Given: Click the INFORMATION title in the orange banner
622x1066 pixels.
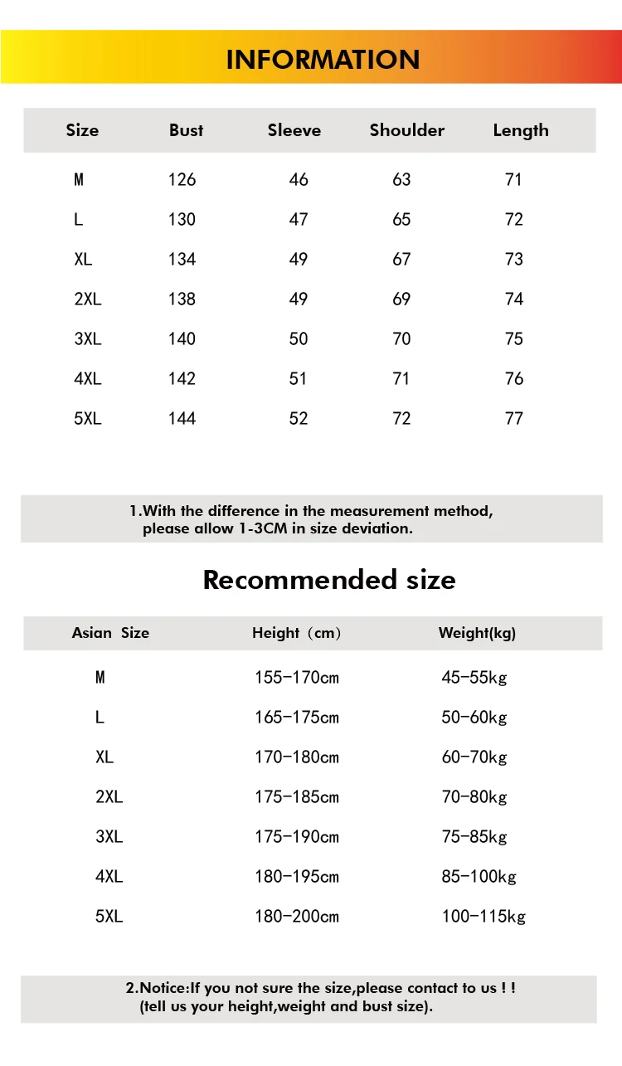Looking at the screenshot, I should point(323,60).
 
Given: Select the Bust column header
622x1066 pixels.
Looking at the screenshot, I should point(186,130).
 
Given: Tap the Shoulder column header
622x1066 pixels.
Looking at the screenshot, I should point(406,130).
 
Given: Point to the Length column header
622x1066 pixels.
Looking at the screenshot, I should point(520,130).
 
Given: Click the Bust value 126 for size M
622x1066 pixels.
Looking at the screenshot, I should point(182,179).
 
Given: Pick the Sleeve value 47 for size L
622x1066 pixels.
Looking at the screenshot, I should point(299,219).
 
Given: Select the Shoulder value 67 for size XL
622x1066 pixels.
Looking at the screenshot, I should point(401,259).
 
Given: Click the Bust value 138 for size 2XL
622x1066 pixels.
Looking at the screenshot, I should point(182,299).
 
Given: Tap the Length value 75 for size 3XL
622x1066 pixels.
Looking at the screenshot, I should point(514,338).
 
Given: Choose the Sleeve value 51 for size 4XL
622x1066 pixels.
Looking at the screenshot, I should point(299,378).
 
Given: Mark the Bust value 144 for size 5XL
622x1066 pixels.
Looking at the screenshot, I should point(182,418).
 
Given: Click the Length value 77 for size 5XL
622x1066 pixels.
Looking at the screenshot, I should point(514,418).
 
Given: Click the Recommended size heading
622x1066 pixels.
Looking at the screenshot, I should point(329,579).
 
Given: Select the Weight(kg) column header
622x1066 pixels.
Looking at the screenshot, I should point(477,633).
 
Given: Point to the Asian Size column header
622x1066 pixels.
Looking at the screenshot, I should point(110,633).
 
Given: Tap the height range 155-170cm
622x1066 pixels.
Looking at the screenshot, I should point(296,678).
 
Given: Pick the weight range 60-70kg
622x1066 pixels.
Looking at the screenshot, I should point(474,757).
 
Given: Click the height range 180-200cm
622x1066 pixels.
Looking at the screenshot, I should point(296,917).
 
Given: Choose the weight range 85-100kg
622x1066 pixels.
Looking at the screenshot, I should point(479,877).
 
